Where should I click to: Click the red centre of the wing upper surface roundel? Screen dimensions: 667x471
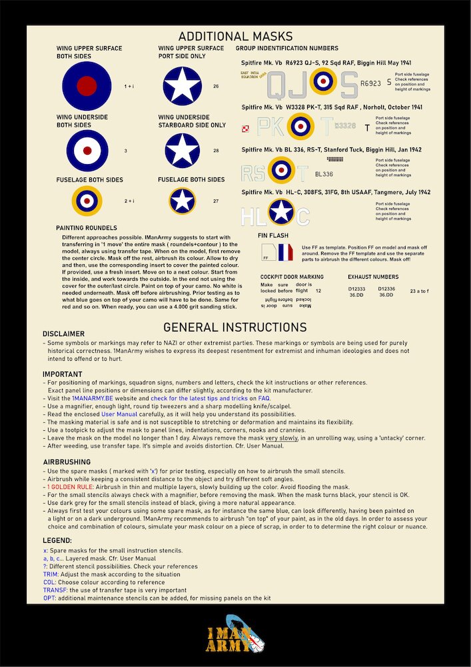pyautogui.click(x=87, y=86)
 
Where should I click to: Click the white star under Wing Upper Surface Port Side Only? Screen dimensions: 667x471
pyautogui.click(x=183, y=86)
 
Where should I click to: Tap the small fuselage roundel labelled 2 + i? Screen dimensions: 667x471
pyautogui.click(x=87, y=201)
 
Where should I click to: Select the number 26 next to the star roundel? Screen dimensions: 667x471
pyautogui.click(x=216, y=87)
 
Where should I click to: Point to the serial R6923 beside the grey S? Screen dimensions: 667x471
pyautogui.click(x=370, y=84)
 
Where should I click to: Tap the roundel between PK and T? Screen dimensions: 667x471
pyautogui.click(x=300, y=125)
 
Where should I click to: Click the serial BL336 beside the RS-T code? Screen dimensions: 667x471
pyautogui.click(x=324, y=174)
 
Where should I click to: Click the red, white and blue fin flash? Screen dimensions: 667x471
pyautogui.click(x=285, y=251)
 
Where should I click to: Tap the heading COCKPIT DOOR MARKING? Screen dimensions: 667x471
pyautogui.click(x=292, y=277)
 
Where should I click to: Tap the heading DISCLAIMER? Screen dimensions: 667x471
pyautogui.click(x=63, y=333)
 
